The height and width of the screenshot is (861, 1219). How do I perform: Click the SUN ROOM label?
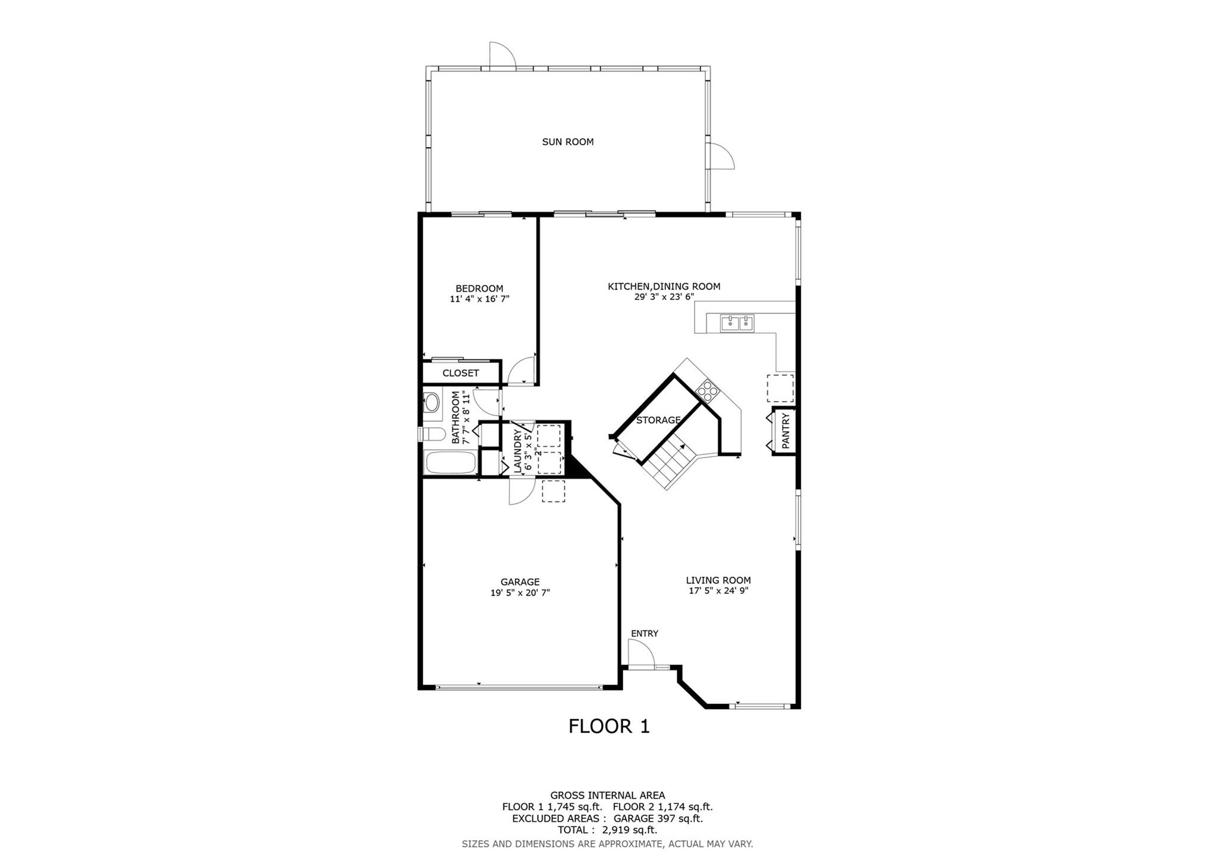tap(567, 142)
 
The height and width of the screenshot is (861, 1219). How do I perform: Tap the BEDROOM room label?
tap(479, 289)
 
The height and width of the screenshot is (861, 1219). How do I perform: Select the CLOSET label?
tap(461, 373)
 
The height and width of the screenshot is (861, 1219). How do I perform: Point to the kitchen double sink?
tap(737, 323)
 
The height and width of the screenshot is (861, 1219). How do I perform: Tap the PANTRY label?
tap(785, 431)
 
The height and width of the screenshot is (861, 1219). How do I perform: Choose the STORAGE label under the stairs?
tap(658, 420)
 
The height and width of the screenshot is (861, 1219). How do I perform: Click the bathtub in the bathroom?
tap(450, 463)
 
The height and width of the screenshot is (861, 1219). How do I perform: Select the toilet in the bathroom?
tap(432, 433)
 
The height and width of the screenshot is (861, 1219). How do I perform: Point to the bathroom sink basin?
tap(431, 403)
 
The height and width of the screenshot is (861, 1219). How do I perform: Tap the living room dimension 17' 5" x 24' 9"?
tap(718, 591)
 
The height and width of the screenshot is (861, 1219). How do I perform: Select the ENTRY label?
tap(645, 634)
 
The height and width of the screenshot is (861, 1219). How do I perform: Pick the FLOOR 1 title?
tap(609, 726)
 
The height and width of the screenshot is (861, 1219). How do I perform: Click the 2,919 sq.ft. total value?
tap(630, 830)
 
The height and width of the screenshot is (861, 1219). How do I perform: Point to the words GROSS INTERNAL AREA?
tap(608, 795)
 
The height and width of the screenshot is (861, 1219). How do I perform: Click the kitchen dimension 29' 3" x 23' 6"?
tap(664, 297)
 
